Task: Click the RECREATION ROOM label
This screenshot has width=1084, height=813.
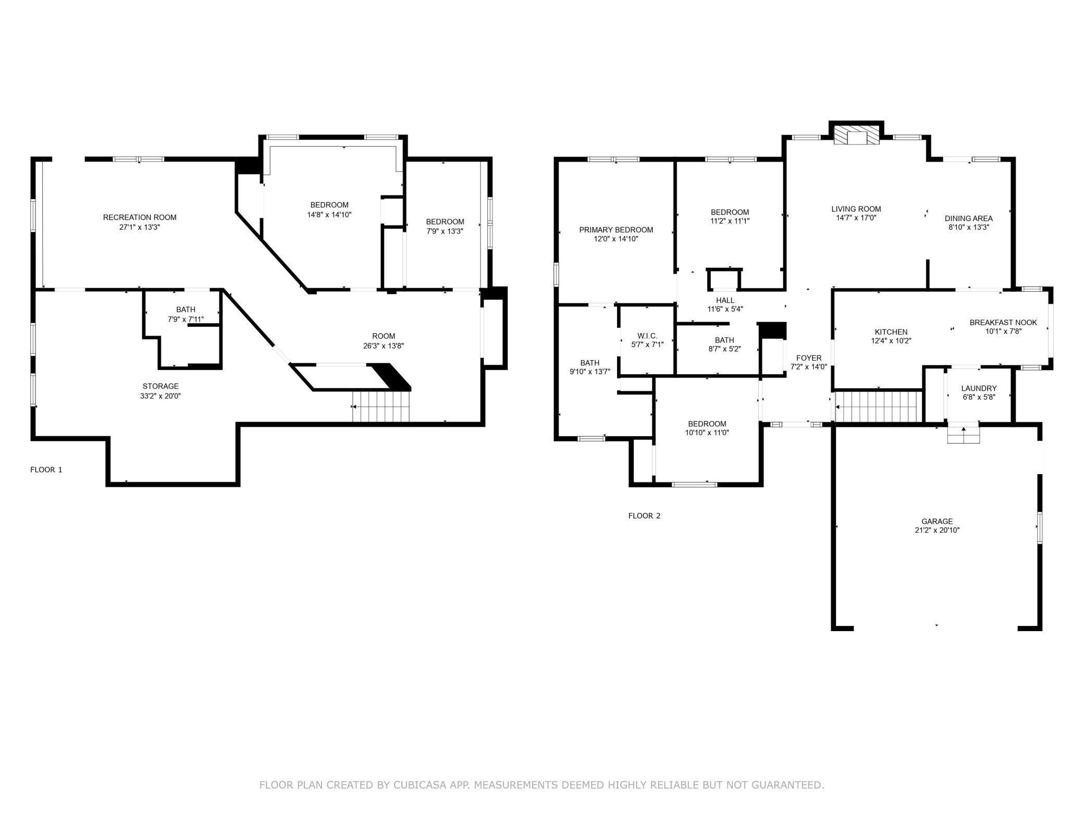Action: [x=140, y=217]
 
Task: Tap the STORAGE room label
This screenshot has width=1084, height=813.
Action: [x=161, y=386]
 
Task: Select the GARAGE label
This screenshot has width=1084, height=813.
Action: [x=937, y=521]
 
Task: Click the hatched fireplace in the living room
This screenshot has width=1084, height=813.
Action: [x=856, y=134]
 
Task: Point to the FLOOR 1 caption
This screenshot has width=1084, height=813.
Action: [x=46, y=470]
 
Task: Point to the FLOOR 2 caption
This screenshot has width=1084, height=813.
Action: [x=644, y=516]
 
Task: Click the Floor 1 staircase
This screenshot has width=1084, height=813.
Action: [x=381, y=406]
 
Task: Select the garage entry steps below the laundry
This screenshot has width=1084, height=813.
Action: [x=963, y=435]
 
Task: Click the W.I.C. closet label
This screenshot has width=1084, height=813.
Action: [x=647, y=336]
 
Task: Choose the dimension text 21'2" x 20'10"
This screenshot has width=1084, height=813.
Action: [x=937, y=531]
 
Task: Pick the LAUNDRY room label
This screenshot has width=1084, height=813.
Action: [x=979, y=388]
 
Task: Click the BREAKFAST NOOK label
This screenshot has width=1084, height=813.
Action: [x=1003, y=323]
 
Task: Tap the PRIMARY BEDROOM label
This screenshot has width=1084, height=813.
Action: [x=616, y=230]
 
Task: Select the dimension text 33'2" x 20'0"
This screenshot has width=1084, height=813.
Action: [x=161, y=396]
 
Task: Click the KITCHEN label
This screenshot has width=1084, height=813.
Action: [x=891, y=332]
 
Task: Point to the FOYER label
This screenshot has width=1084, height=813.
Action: [x=809, y=358]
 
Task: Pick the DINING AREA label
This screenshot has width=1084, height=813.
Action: [x=968, y=218]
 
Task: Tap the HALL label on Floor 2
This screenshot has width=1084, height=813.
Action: [x=725, y=300]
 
